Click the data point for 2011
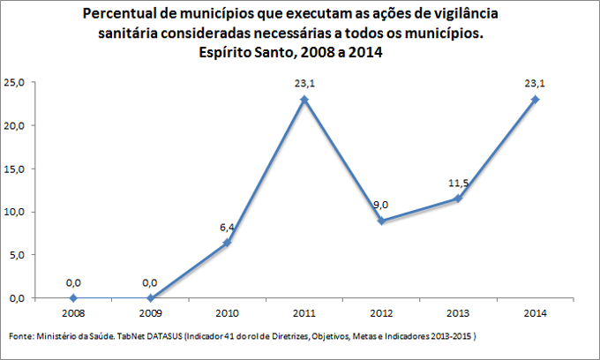[x=304, y=100]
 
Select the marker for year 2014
[x=536, y=100]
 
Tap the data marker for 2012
[x=381, y=221]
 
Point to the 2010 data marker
[x=228, y=243]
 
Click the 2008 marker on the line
[x=73, y=298]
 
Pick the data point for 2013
[x=459, y=199]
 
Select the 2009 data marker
[x=150, y=298]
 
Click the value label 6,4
[x=228, y=228]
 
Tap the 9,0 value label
[x=381, y=206]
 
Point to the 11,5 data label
[x=459, y=184]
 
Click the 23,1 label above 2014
[x=536, y=85]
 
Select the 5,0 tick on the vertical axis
[x=17, y=255]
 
